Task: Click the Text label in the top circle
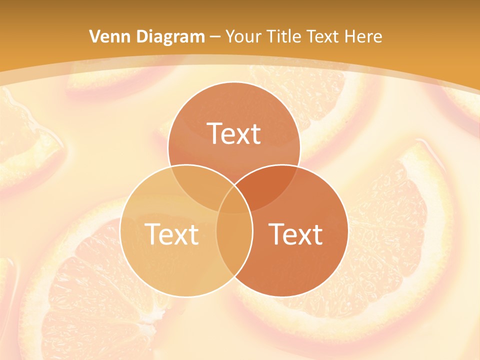[234, 134]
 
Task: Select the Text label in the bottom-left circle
[171, 234]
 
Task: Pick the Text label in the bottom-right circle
[296, 234]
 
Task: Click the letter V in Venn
[94, 36]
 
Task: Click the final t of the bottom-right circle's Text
[317, 234]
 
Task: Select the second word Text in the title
[325, 36]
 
